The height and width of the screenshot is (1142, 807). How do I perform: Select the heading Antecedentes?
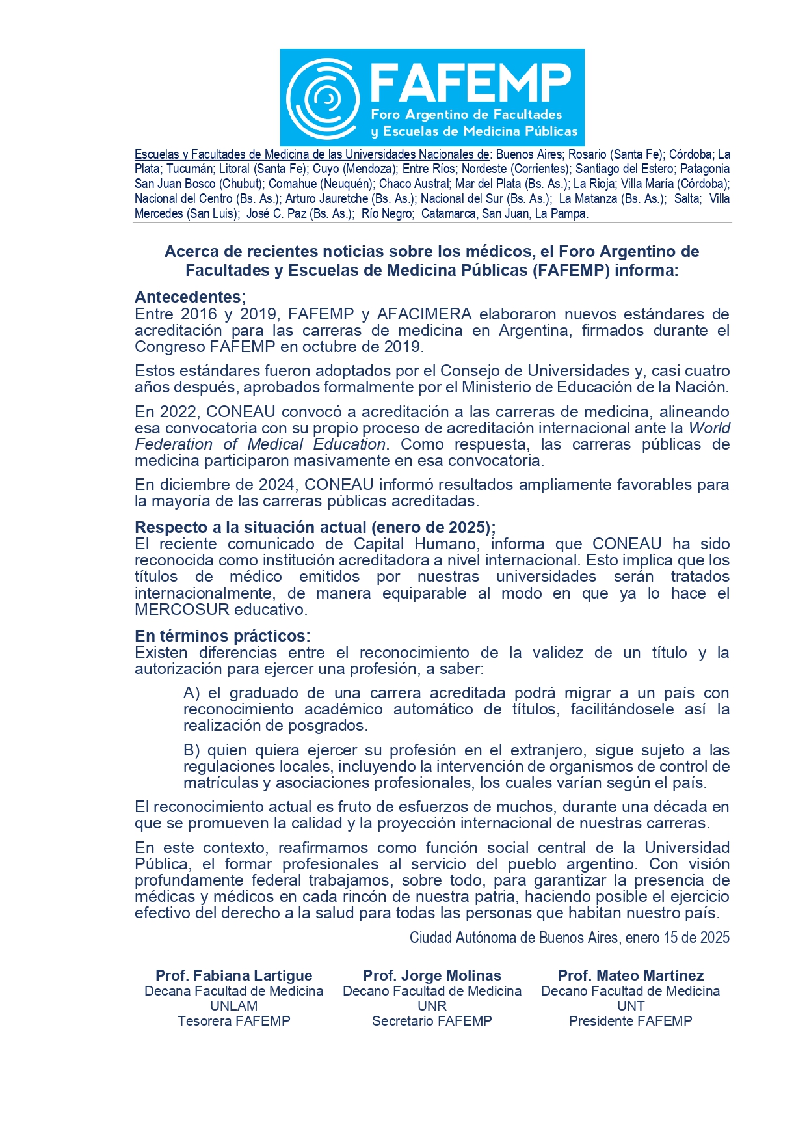coord(190,297)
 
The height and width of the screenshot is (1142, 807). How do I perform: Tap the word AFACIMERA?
coord(424,314)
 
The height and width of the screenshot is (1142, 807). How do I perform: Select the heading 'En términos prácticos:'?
coord(222,636)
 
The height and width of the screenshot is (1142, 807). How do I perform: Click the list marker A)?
coord(192,693)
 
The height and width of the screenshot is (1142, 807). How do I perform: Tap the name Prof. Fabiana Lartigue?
coord(233,975)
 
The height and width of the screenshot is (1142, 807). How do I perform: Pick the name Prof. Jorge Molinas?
coord(432,975)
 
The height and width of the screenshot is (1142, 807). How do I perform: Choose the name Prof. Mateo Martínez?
coord(631,975)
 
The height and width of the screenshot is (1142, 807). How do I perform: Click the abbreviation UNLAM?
coord(233,1006)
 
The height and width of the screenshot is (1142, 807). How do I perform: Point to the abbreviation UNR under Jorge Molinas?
coord(432,1006)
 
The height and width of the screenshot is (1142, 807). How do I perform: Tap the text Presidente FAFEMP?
coord(631,1021)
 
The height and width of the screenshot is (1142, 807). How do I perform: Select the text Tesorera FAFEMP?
coord(233,1021)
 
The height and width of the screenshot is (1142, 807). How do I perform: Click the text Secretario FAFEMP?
coord(432,1021)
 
